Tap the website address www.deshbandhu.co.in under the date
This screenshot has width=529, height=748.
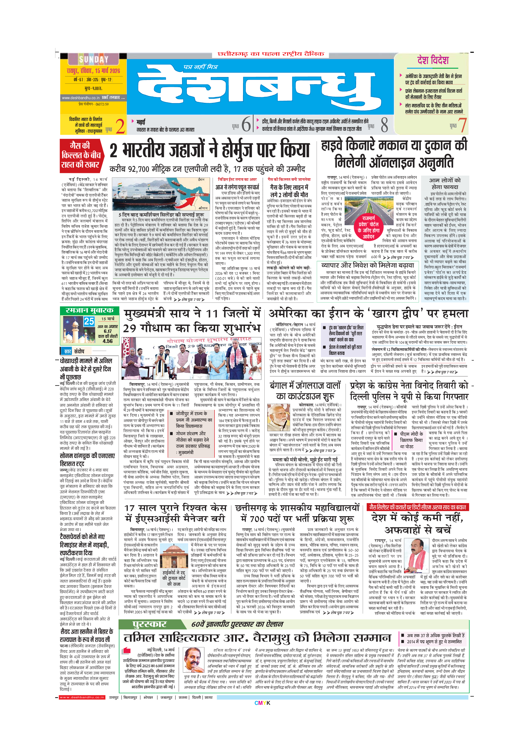pyautogui.click(x=81, y=98)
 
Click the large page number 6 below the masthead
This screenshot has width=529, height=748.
pyautogui.click(x=246, y=124)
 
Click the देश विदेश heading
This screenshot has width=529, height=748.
pyautogui.click(x=433, y=60)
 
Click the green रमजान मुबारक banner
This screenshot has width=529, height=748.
pyautogui.click(x=90, y=310)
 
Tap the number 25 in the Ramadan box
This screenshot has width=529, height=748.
pyautogui.click(x=89, y=322)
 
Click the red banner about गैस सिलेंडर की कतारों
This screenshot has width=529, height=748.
pyautogui.click(x=418, y=507)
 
